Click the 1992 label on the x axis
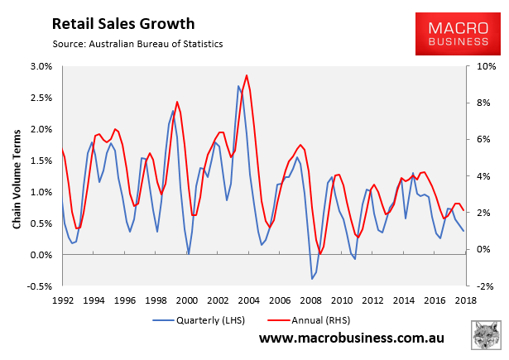pyautogui.click(x=63, y=300)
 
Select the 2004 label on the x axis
pyautogui.click(x=248, y=300)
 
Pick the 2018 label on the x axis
pyautogui.click(x=464, y=300)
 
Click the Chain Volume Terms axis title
pyautogui.click(x=17, y=176)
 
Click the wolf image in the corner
pyautogui.click(x=486, y=338)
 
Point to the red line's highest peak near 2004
pyautogui.click(x=247, y=75)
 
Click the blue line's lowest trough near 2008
pyautogui.click(x=312, y=279)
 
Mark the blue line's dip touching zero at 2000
pyautogui.click(x=189, y=253)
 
